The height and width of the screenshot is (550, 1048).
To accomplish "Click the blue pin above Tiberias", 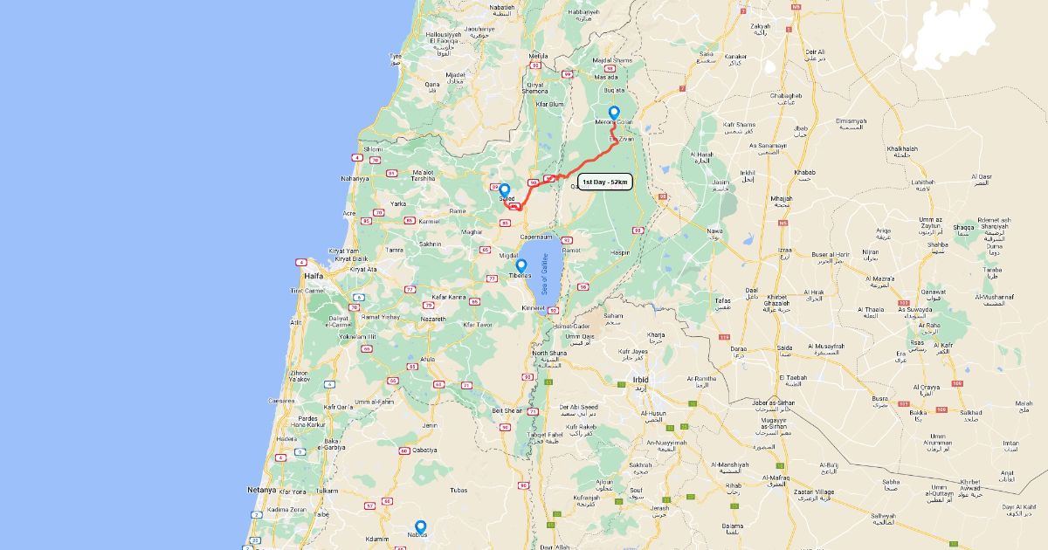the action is [x=521, y=265].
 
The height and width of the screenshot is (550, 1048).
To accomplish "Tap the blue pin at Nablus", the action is [x=420, y=526].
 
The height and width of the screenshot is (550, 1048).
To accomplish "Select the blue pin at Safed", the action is [x=504, y=189].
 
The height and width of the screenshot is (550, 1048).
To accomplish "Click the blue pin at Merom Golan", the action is [x=614, y=113].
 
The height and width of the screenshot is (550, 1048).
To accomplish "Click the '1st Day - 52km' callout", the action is [x=604, y=182].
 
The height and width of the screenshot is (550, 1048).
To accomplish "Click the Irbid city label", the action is [x=641, y=381].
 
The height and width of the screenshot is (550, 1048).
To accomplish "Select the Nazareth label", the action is [x=433, y=320].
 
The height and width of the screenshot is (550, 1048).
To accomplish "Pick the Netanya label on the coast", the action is [x=261, y=490].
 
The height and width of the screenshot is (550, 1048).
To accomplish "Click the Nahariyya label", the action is [x=354, y=178].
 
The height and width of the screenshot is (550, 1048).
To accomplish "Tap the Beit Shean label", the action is [x=507, y=410].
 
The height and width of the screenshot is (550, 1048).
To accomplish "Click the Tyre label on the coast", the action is [x=395, y=57].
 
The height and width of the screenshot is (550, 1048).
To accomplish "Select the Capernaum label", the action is [x=536, y=237].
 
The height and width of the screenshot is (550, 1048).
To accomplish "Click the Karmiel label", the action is [x=429, y=221].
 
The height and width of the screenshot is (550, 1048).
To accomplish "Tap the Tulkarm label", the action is [x=327, y=491].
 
